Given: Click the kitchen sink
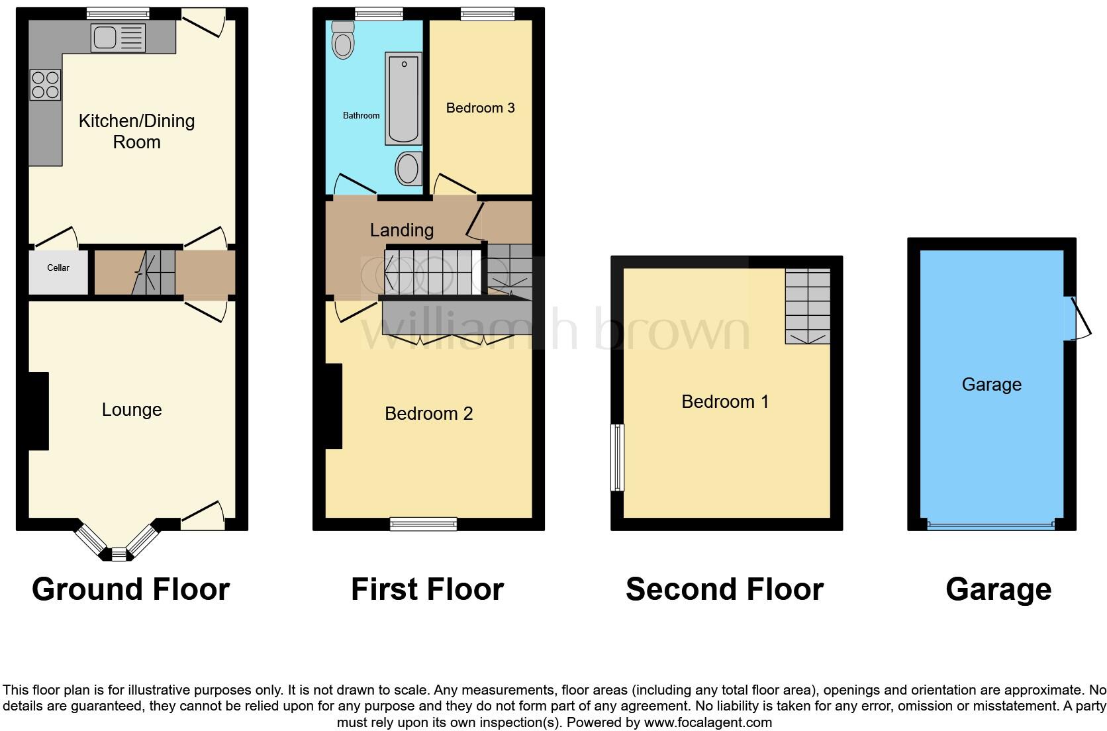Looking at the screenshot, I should click(117, 37).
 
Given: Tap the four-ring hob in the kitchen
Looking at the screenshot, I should click(45, 85).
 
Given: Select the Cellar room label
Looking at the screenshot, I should click(58, 268).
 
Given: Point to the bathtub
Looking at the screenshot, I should click(403, 99).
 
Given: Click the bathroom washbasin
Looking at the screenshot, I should click(408, 169).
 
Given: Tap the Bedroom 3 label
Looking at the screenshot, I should click(480, 108).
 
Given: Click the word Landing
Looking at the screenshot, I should click(401, 230).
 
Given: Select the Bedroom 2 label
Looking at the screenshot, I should click(428, 414).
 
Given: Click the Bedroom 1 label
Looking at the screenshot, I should click(725, 402).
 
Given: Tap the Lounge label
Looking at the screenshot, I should click(132, 410).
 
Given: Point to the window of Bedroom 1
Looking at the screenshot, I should click(617, 457).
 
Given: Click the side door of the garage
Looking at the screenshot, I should click(1078, 318).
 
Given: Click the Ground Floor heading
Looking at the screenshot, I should click(130, 589).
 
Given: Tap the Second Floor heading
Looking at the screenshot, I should click(724, 589).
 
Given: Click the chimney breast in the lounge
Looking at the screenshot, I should click(38, 411).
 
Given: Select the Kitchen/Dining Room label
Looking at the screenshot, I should click(136, 131).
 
